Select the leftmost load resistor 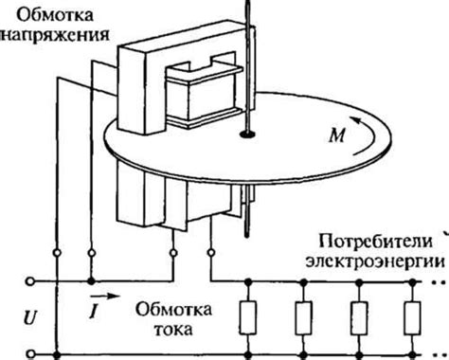coord(250,317)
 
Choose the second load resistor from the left coord(304,317)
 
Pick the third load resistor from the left coord(358,317)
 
